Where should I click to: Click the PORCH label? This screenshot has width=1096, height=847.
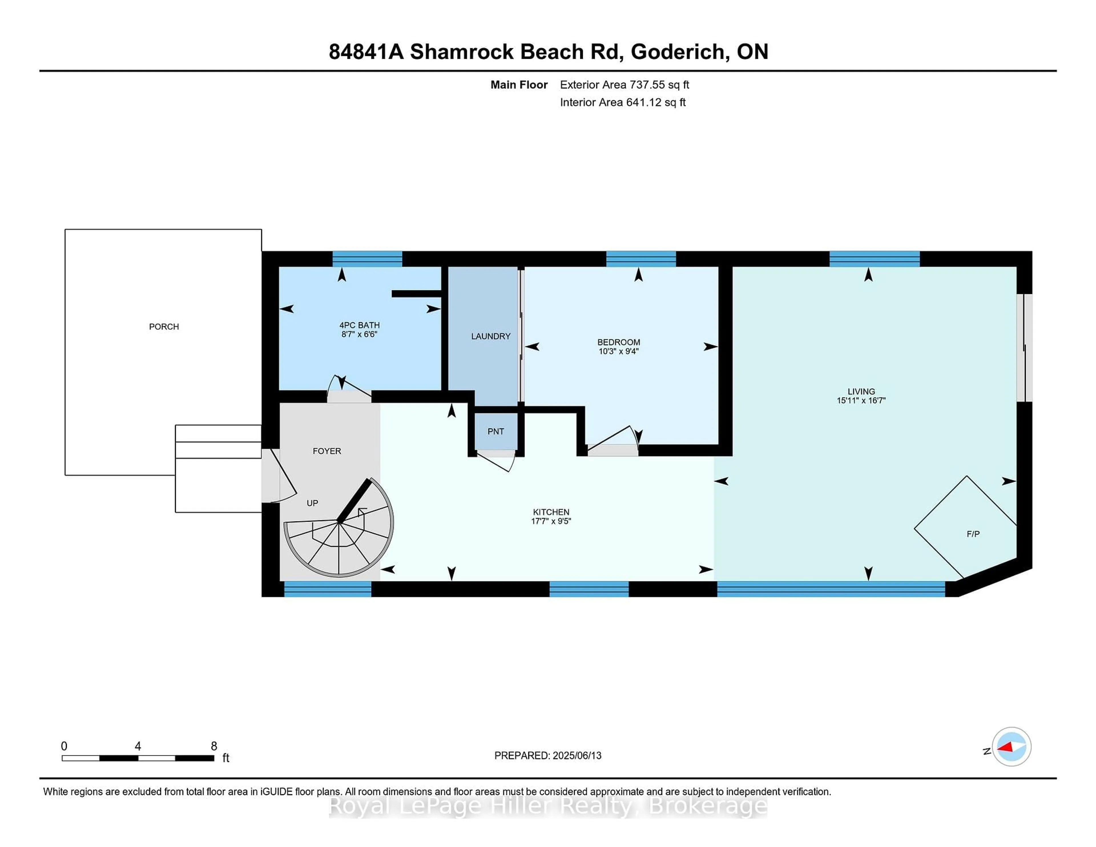pyautogui.click(x=164, y=327)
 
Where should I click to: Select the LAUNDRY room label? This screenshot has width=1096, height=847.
pyautogui.click(x=490, y=336)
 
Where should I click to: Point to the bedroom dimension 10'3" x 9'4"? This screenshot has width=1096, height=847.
pyautogui.click(x=618, y=351)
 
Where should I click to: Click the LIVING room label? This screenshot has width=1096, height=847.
pyautogui.click(x=861, y=391)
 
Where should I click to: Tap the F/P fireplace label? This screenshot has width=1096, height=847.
pyautogui.click(x=972, y=534)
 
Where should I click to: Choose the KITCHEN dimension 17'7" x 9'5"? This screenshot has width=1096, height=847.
pyautogui.click(x=551, y=521)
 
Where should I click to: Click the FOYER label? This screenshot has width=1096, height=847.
pyautogui.click(x=327, y=451)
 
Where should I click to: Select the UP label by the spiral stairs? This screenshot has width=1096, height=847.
pyautogui.click(x=312, y=503)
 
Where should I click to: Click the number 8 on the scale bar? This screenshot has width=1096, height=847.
pyautogui.click(x=214, y=746)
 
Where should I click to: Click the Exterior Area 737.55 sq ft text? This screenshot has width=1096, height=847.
pyautogui.click(x=624, y=85)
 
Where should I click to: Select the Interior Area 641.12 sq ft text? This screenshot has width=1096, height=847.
pyautogui.click(x=623, y=102)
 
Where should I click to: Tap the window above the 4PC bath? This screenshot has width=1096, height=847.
pyautogui.click(x=367, y=259)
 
